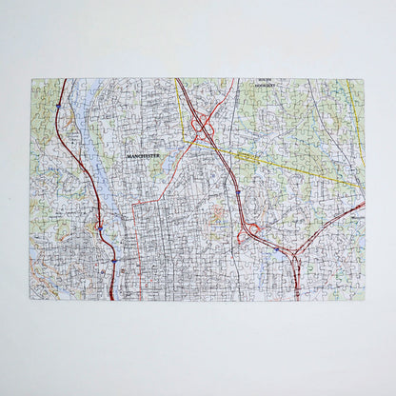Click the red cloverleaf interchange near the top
[x=203, y=125]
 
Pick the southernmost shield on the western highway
[x=113, y=259]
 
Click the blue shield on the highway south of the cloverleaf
[x=237, y=191]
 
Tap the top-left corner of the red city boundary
[x=133, y=203]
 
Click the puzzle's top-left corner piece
[x=37, y=86]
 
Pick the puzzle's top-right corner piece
[x=358, y=86]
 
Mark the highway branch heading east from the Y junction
[x=333, y=220]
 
